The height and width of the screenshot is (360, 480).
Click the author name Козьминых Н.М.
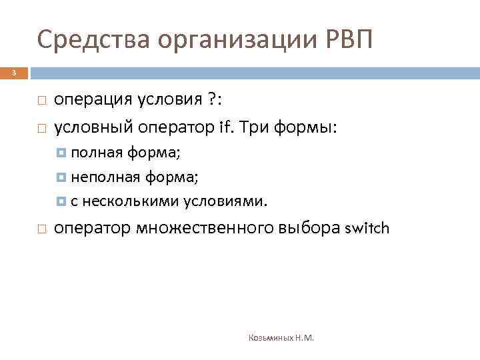[281, 338]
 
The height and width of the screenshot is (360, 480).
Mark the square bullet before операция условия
[41, 101]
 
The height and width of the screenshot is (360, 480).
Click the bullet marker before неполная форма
[62, 177]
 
